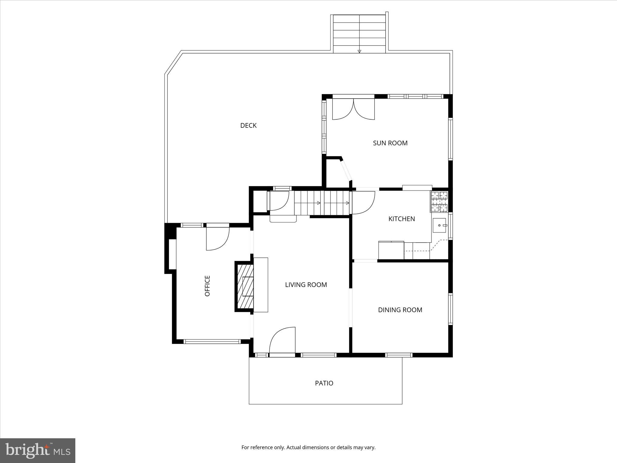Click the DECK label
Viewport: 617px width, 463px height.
[x=248, y=125]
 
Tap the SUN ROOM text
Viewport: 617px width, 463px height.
[x=390, y=143]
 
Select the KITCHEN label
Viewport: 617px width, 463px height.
[x=402, y=219]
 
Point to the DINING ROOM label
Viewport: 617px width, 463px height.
[x=400, y=310]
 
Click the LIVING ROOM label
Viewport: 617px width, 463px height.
[x=306, y=285]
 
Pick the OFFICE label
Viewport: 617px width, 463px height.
[x=207, y=286]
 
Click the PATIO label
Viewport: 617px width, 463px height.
[x=324, y=383]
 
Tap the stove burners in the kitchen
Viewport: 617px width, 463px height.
[x=439, y=201]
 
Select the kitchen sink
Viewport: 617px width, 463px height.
[x=439, y=225]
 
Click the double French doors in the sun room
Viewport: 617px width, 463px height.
[x=353, y=109]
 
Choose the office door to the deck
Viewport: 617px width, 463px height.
[x=218, y=238]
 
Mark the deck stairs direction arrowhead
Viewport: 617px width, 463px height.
[x=359, y=52]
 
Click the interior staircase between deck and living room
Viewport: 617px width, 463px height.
[x=322, y=203]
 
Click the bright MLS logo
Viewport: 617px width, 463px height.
[x=38, y=451]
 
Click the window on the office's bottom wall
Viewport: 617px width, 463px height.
[x=212, y=342]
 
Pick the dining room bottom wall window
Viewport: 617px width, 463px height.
[x=399, y=355]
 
